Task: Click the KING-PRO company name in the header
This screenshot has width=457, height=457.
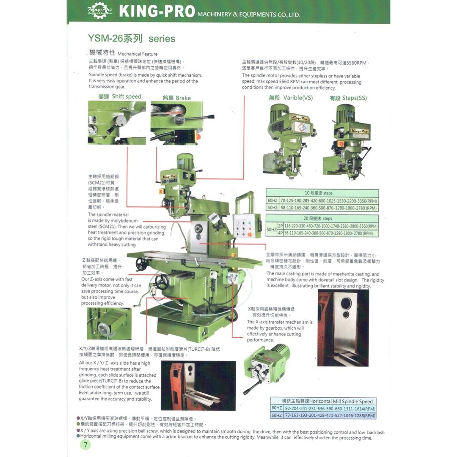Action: click(x=157, y=11)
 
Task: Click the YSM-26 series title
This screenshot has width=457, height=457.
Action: click(x=132, y=39)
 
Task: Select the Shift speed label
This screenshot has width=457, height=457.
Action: click(x=120, y=96)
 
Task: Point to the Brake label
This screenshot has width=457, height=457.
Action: click(x=177, y=98)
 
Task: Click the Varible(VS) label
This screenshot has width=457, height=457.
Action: click(x=291, y=98)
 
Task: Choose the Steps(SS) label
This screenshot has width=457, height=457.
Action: click(x=348, y=98)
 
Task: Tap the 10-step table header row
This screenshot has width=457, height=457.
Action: click(x=322, y=193)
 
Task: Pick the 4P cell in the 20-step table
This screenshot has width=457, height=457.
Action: click(x=280, y=233)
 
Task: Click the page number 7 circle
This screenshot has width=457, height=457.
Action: click(x=85, y=445)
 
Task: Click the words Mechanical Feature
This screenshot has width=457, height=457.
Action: click(x=137, y=54)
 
